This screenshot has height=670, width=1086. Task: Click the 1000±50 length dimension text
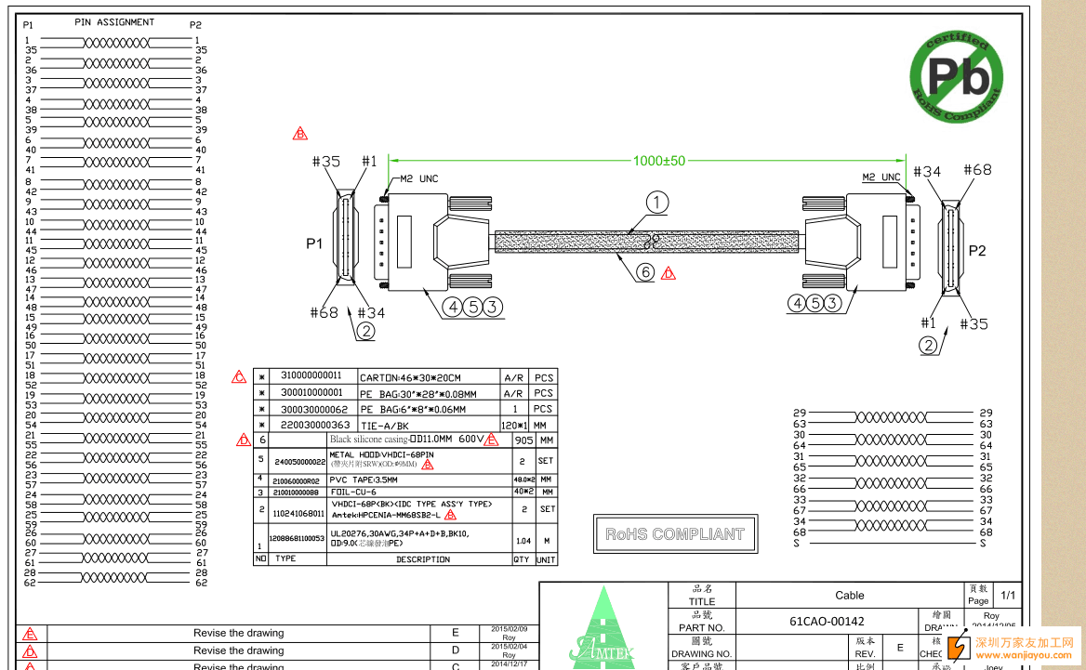(x=658, y=161)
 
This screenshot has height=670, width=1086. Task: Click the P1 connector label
(x=314, y=243)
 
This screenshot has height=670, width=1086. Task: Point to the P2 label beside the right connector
(x=977, y=250)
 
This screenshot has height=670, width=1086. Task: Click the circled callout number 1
(x=657, y=203)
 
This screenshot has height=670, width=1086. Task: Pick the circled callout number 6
(x=645, y=272)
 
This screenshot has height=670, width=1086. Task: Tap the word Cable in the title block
(x=849, y=595)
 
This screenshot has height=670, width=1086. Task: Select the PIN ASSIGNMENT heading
(x=114, y=22)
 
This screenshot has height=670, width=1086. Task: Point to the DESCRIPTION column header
(x=422, y=559)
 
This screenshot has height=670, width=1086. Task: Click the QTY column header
(x=522, y=559)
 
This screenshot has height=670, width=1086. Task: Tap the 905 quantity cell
(x=523, y=440)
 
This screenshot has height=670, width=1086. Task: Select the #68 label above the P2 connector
(x=977, y=170)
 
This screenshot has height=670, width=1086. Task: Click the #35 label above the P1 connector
(x=325, y=162)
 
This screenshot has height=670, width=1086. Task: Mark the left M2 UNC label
(x=418, y=178)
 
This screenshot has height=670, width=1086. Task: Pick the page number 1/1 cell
(x=1008, y=595)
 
